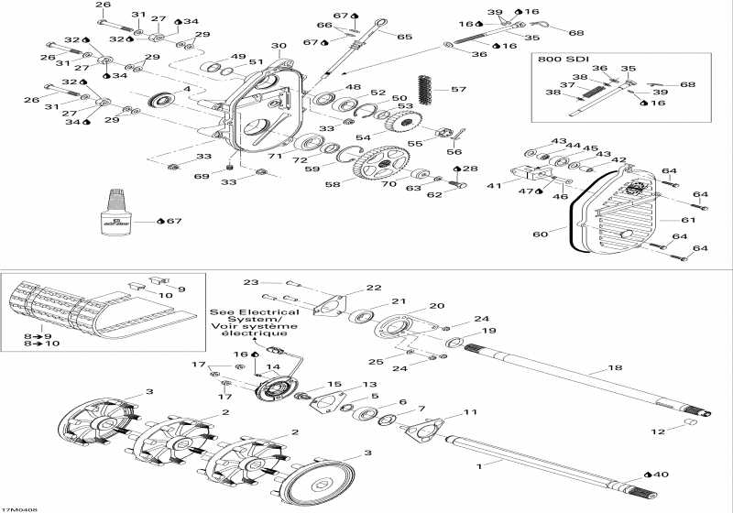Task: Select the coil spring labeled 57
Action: [424, 89]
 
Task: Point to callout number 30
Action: [278, 45]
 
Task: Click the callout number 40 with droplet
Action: [660, 474]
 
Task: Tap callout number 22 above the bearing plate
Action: [374, 288]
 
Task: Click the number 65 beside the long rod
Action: [404, 37]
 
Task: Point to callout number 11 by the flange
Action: [471, 413]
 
